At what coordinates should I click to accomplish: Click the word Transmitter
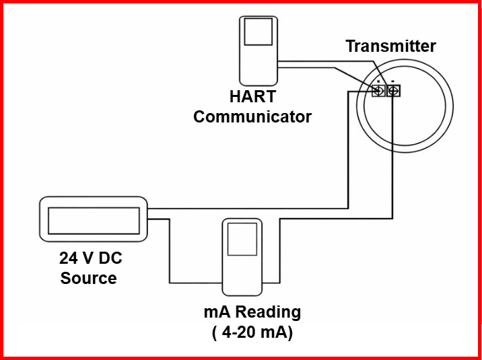pos(390,46)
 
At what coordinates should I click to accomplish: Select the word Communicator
pos(252,117)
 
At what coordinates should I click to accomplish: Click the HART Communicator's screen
pos(259,32)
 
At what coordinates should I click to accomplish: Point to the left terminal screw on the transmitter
pos(378,90)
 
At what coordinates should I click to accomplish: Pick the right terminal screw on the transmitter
pos(393,90)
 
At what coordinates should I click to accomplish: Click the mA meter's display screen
pos(242,239)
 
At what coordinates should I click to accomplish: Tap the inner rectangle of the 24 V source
pos(93,219)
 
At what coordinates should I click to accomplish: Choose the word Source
pos(88,278)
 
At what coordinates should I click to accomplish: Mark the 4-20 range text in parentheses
pos(252,332)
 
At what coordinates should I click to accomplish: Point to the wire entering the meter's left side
pos(195,282)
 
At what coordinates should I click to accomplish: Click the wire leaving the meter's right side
pos(271,282)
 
